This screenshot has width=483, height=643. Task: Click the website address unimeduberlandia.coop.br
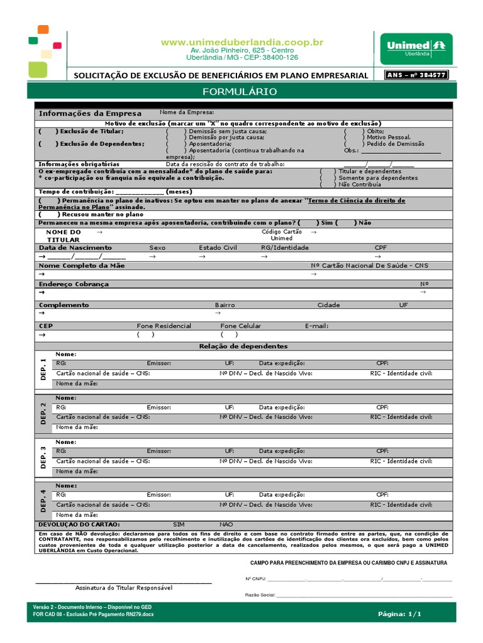[242, 42]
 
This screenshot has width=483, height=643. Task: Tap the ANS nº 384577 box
[416, 75]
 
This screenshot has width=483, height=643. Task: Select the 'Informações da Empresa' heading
[90, 113]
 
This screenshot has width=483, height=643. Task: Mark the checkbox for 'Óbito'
[353, 131]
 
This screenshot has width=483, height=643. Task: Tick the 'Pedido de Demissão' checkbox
[353, 144]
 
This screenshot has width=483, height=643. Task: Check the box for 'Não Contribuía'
[328, 185]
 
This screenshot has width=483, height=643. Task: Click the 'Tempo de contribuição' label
[75, 192]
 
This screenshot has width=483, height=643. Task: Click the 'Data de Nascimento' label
[75, 247]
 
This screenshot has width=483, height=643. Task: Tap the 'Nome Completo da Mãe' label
[82, 266]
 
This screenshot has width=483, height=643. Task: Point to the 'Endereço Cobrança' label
[74, 284]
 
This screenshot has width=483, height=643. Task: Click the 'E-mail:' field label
[316, 326]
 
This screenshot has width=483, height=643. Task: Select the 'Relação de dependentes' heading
[243, 346]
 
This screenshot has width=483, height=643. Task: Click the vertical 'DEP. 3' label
[43, 457]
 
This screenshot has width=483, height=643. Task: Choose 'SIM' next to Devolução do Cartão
[179, 524]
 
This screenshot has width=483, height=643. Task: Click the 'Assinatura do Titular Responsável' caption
[123, 587]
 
